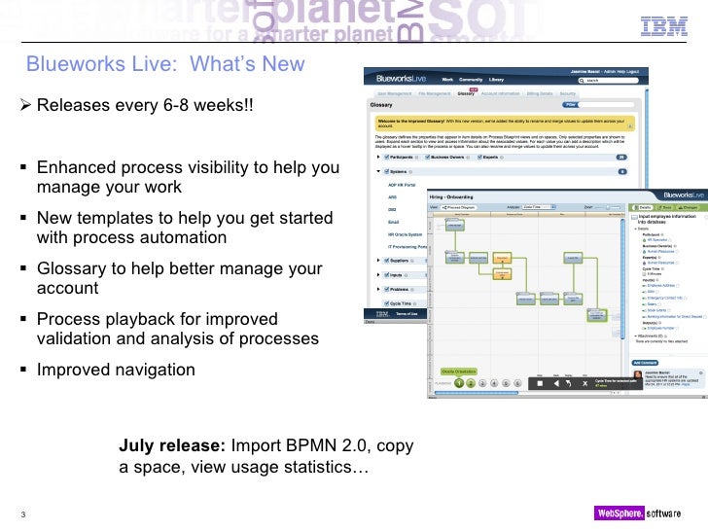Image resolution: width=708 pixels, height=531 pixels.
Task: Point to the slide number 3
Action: pyautogui.click(x=20, y=514)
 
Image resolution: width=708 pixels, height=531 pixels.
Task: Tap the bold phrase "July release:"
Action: pyautogui.click(x=171, y=446)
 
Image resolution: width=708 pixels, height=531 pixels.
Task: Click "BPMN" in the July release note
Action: pyautogui.click(x=313, y=446)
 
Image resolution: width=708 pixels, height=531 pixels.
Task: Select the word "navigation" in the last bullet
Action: pyautogui.click(x=152, y=370)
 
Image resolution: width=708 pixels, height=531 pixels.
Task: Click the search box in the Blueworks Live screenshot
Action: pyautogui.click(x=611, y=82)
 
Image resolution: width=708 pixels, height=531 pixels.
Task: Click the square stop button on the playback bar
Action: pyautogui.click(x=540, y=384)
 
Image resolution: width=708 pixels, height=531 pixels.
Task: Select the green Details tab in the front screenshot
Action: pyautogui.click(x=642, y=207)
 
